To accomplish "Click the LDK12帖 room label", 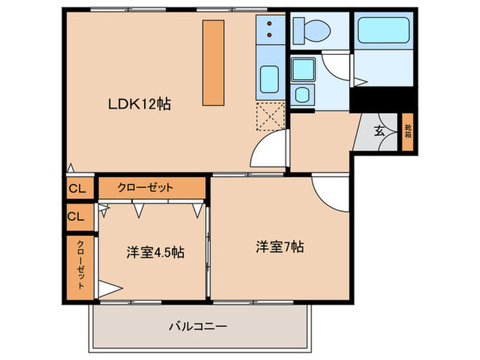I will pos(139,104).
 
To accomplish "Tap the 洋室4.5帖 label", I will pos(155,252).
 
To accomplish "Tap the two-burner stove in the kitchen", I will pos(270,27).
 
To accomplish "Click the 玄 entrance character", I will pos(379,130).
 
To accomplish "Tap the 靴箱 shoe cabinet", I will pos(407,130).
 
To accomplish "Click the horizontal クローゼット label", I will pos(145,187).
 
